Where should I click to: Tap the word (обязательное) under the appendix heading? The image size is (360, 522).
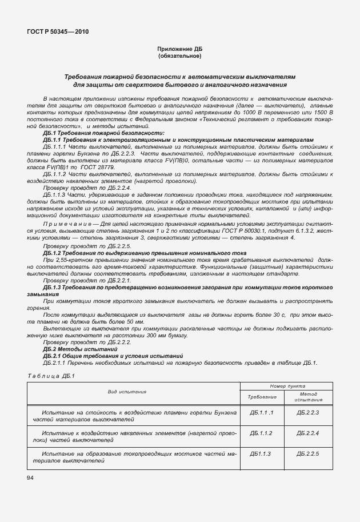179,57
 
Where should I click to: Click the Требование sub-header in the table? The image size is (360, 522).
262,397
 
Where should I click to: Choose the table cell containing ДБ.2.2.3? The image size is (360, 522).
309,412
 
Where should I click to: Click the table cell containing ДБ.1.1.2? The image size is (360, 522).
261,433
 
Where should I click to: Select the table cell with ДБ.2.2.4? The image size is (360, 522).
309,433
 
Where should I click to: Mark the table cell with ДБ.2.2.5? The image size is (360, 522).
309,453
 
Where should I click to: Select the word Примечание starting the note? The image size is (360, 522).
62,225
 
